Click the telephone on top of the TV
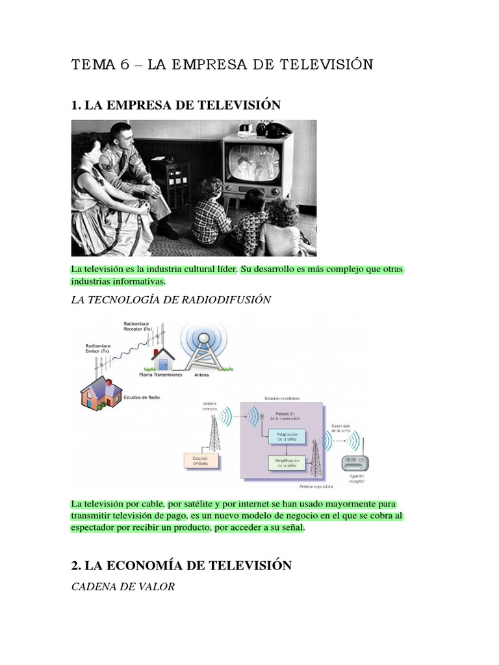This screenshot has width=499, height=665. coord(273,128)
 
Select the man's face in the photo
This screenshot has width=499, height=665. coord(121,136)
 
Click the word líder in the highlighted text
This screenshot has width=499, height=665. coord(220,269)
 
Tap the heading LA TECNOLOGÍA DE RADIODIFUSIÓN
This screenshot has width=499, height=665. coord(171,299)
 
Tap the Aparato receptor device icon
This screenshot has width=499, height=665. coord(359,462)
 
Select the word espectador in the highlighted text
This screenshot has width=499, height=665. coord(97,528)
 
